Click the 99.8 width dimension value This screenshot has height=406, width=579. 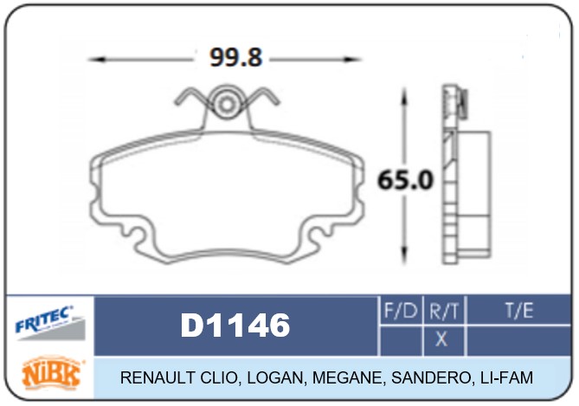pyautogui.click(x=235, y=57)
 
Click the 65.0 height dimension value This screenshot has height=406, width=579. pyautogui.click(x=405, y=181)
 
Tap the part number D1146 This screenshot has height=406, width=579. pyautogui.click(x=235, y=325)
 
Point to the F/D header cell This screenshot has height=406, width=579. pyautogui.click(x=400, y=309)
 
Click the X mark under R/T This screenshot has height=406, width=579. pyautogui.click(x=441, y=339)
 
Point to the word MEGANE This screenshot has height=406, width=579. pyautogui.click(x=344, y=378)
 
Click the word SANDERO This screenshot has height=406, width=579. pyautogui.click(x=423, y=378)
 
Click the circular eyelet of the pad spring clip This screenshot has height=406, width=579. pyautogui.click(x=227, y=104)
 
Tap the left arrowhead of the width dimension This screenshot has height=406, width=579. pyautogui.click(x=95, y=59)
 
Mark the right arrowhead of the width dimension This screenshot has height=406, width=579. pyautogui.click(x=356, y=59)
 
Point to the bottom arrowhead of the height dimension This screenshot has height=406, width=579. pyautogui.click(x=403, y=256)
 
